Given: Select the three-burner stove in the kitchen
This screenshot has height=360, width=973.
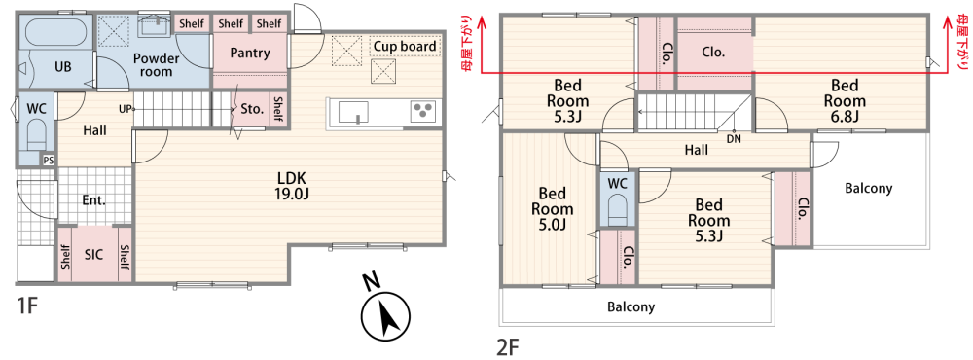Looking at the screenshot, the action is click(424, 112).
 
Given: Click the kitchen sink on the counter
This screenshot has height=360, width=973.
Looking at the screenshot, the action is click(353, 112).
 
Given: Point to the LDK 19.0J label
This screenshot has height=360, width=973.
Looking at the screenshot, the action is click(292, 184).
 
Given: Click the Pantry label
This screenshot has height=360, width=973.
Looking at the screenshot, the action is click(250, 54).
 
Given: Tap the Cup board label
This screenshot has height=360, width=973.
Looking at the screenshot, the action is click(405, 47).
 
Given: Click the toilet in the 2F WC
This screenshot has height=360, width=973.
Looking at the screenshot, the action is click(618, 208).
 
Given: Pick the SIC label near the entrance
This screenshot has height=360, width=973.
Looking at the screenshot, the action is click(94, 255).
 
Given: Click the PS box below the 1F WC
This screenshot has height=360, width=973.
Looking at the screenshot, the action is click(48, 160).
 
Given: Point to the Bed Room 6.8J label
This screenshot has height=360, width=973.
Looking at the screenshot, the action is click(846, 100).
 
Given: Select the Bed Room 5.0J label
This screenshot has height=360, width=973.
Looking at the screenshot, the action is click(553, 208).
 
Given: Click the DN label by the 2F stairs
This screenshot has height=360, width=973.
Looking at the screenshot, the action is click(734, 139).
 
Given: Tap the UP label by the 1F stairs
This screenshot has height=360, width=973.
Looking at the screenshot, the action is click(125, 109).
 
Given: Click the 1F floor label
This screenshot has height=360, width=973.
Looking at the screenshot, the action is click(28, 306).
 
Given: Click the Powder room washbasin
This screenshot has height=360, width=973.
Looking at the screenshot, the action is click(153, 25).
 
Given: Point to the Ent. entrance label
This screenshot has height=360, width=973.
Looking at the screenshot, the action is click(94, 200).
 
